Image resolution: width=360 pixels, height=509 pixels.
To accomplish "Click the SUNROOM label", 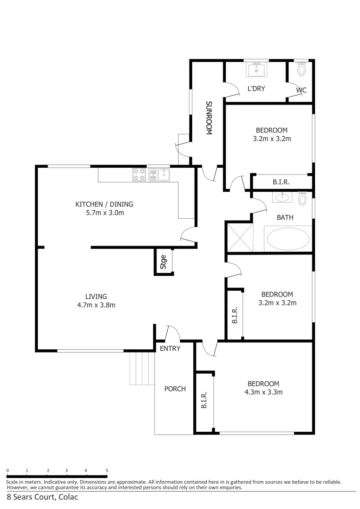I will pos(208,118).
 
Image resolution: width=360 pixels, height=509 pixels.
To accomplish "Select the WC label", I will pos(301,90).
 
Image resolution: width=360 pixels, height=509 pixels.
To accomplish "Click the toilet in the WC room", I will pos(302,69).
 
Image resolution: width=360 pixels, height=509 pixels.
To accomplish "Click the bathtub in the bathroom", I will pos(288,239).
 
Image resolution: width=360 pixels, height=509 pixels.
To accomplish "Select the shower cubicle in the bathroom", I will pos(240,239).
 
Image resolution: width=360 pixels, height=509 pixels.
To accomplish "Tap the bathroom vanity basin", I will pos(282,197).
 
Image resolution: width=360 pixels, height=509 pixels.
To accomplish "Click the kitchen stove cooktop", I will pos(139,175).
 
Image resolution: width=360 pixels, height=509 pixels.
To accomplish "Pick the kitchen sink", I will pos(159,175).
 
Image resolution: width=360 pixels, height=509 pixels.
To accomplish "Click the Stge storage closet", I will pos(164,262).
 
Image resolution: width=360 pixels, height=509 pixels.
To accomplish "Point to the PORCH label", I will pos(175,389).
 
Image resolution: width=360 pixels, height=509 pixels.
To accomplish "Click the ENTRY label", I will pos(170,348).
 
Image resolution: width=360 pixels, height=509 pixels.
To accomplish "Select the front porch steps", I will pos(142,369).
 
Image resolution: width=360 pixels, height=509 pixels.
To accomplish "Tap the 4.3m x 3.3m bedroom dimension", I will pos(263,392).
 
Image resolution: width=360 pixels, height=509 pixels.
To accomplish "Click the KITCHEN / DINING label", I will pos(104,204).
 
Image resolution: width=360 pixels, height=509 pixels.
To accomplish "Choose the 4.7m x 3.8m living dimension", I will pos(96,304).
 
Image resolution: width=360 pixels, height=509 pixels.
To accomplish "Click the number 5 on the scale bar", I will pos(107,470).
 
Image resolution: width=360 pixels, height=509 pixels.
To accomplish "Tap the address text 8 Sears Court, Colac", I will pos(42,497).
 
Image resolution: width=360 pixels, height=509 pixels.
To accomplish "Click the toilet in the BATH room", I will pos(303,199).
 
